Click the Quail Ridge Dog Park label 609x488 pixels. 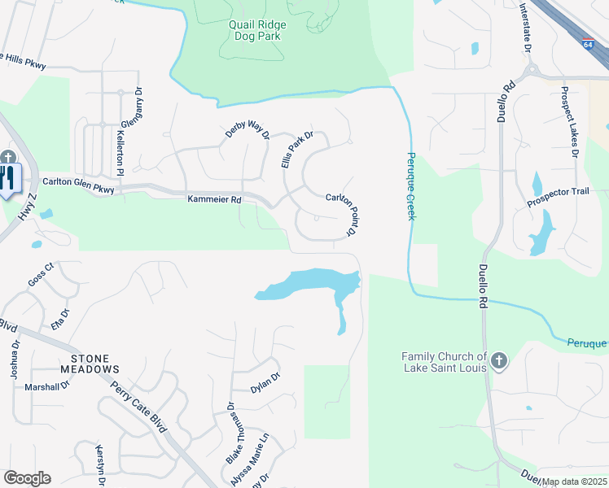point(255,30)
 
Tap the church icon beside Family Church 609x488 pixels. point(499,360)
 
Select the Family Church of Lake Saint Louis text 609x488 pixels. point(444,362)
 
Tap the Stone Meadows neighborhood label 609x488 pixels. point(101,364)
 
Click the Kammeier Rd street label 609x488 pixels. point(215,198)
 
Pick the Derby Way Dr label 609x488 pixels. point(248,133)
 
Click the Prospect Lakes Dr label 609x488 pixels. point(569,130)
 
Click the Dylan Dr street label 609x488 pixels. point(265,382)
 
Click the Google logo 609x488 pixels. point(27,478)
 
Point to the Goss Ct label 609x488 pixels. point(40,273)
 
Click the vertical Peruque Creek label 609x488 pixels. point(411,185)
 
